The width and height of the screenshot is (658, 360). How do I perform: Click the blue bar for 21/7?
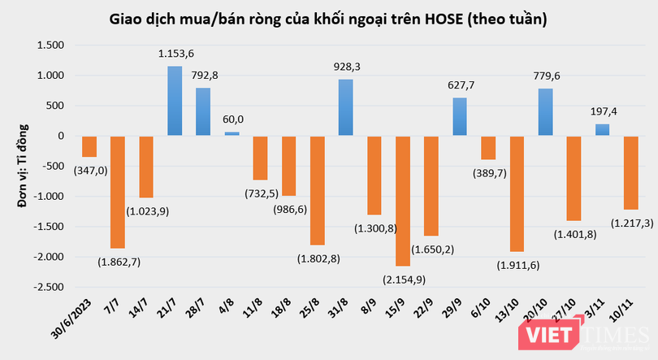pos(175,101)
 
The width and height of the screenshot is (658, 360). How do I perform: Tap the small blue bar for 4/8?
pos(232,133)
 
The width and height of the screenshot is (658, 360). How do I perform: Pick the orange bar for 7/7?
pos(118,192)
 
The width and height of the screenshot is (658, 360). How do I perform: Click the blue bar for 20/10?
pos(544,112)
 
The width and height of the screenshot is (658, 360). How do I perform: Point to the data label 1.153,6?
pos(175,54)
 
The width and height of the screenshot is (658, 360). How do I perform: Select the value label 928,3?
pos(345,68)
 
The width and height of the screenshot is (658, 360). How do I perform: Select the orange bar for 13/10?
pos(516,193)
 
